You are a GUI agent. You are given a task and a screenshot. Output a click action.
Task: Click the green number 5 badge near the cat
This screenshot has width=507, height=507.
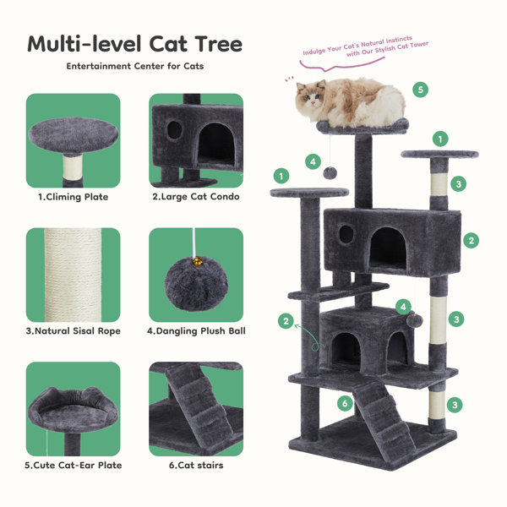pos(420,90)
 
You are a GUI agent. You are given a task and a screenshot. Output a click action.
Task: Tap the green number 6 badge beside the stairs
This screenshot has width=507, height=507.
pos(345,403)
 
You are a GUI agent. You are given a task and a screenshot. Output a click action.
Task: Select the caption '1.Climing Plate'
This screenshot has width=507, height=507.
pos(73,197)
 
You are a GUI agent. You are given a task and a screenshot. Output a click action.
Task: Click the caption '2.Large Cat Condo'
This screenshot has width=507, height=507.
pos(196,197)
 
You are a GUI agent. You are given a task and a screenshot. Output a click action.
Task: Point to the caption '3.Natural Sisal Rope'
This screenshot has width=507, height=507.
pos(73,331)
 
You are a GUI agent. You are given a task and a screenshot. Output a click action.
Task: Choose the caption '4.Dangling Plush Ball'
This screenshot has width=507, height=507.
pos(196,331)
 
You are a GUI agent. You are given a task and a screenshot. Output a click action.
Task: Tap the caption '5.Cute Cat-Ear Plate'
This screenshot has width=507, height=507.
pos(74,466)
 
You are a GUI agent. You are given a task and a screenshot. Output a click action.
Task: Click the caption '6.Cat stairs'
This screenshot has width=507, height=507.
pos(196,466)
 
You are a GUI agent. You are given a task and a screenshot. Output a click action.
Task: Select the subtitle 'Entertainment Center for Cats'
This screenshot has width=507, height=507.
pos(135,66)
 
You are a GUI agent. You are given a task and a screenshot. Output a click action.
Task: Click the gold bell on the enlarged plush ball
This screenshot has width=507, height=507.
pos(197,261)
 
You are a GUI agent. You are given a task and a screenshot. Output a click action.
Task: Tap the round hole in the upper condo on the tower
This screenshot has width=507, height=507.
pos(346,234)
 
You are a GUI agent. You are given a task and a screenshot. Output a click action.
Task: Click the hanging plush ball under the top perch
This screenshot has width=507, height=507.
pos(330,172)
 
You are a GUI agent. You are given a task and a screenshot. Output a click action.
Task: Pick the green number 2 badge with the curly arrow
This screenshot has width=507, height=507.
pos(286,321)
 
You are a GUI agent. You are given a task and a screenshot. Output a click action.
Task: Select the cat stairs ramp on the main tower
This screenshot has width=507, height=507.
pos(383,419)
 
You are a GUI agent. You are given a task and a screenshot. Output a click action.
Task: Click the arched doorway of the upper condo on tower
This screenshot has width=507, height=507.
pos(387,248)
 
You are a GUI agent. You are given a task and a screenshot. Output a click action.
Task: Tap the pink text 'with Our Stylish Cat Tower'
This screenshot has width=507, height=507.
pos(387,49)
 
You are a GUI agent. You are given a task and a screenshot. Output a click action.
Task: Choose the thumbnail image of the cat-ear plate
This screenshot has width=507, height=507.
pos(73,409)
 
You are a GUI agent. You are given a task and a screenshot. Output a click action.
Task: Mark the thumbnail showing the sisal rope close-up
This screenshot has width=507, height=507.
pos(73,275)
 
